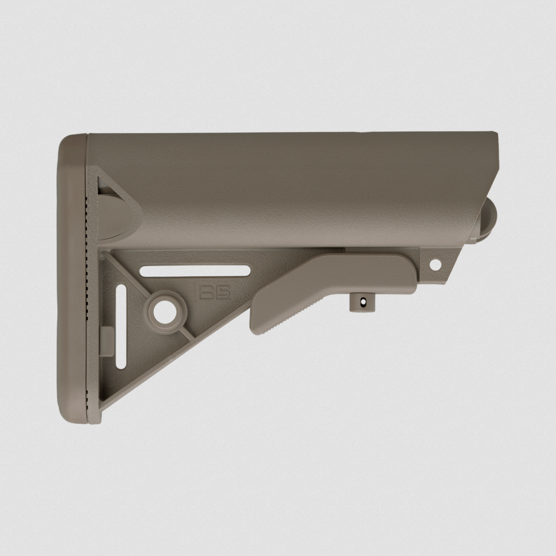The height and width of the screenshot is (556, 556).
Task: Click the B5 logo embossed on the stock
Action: pos(215,292)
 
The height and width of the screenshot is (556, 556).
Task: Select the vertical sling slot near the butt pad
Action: pos(121,326)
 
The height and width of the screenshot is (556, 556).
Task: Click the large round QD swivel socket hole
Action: pos(165,312)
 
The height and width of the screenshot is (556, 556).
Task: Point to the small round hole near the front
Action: pos(435,264)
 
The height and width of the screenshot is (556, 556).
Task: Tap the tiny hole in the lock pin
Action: pos(360,299)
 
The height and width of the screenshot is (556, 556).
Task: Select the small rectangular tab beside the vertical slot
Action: pos(107,341)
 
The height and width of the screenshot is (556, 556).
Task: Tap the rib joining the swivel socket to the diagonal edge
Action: pos(185,332)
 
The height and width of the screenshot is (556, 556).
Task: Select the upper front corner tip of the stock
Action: pos(495,134)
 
